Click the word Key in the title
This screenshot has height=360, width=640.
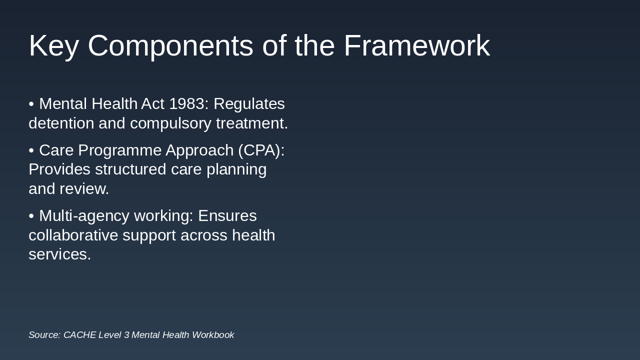[53, 46]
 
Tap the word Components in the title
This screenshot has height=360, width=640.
[170, 46]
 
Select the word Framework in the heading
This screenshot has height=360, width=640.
[417, 45]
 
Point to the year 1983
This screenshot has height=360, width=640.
[187, 103]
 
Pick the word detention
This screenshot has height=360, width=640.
[61, 123]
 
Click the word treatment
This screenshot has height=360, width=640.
[251, 123]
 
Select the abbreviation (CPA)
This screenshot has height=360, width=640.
[261, 150]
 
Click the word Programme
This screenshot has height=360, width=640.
[119, 151]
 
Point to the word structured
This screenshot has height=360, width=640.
[130, 169]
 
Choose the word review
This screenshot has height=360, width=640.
[84, 189]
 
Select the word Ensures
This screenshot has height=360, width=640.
[227, 216]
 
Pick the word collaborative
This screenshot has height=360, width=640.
[73, 235]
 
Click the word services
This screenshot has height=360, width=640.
[59, 254]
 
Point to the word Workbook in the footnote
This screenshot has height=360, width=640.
[213, 335]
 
